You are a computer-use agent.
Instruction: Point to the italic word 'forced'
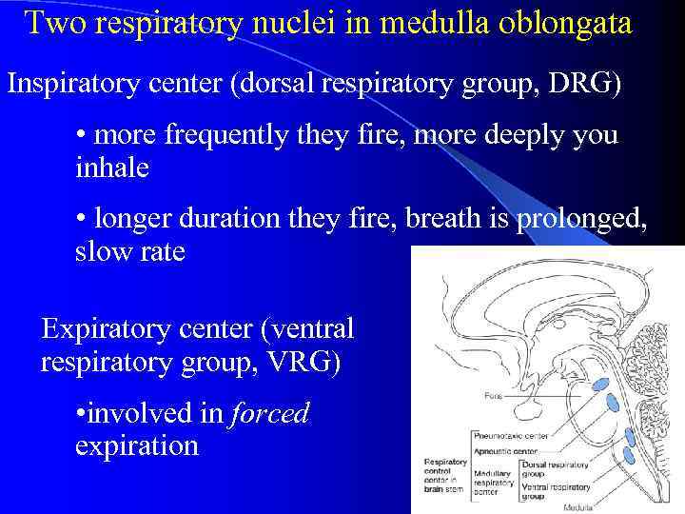click(271, 414)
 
